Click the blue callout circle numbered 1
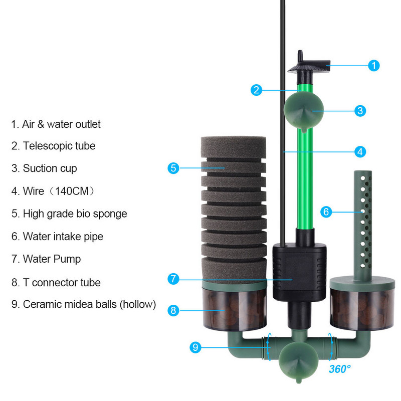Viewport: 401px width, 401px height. [x=373, y=65]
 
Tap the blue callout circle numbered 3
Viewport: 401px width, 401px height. [x=360, y=111]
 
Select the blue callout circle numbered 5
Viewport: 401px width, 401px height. [x=173, y=168]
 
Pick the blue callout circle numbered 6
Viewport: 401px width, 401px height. [x=326, y=212]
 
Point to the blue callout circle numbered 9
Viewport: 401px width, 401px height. [x=196, y=347]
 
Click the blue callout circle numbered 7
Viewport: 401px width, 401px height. [x=173, y=279]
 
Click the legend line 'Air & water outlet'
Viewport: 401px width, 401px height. [x=56, y=124]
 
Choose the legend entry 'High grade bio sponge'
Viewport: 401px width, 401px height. [x=69, y=214]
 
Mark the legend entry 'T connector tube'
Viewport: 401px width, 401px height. [x=56, y=283]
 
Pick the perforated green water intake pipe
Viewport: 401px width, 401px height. [x=364, y=221]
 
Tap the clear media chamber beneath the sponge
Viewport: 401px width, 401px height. [x=235, y=311]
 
